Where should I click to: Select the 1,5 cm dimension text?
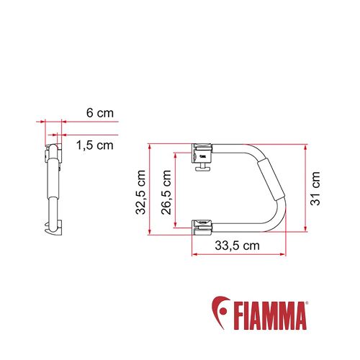point(94,145)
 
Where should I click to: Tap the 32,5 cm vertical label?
point(142,192)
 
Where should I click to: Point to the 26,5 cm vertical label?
point(166,189)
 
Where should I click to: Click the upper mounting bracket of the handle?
point(202,152)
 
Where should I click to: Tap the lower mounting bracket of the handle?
point(202,225)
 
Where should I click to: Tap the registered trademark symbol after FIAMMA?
point(307,303)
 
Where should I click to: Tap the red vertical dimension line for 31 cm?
point(307,189)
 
